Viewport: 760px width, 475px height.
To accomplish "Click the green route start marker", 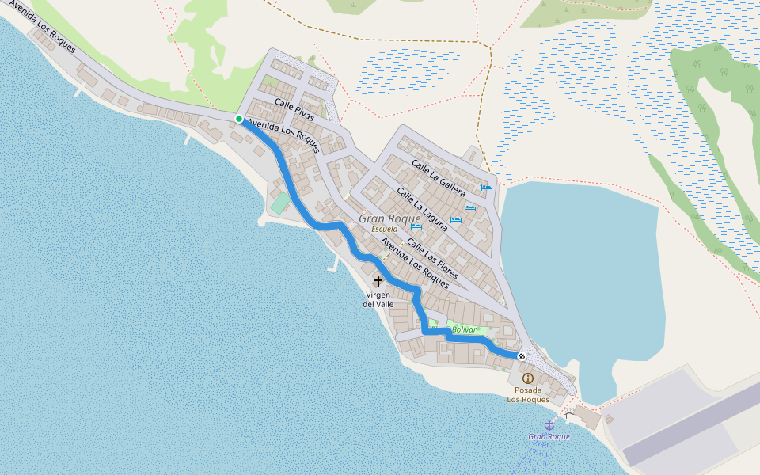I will [x=239, y=119].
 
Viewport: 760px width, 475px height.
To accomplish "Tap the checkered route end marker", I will [x=522, y=356].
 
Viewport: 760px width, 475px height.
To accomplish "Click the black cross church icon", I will [x=378, y=281].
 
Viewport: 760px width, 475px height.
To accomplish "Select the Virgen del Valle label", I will [x=378, y=298].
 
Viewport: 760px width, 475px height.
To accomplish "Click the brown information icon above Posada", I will [x=528, y=378].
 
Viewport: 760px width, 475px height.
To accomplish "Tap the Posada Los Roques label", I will [x=528, y=395].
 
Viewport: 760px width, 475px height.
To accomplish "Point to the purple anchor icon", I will [x=549, y=425].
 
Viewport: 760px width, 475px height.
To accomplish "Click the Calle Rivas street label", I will [x=294, y=110].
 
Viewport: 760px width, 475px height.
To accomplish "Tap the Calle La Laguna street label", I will [x=422, y=209].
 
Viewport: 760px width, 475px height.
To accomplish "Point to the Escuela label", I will [x=385, y=229].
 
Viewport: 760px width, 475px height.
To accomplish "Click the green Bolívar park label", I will [x=465, y=329].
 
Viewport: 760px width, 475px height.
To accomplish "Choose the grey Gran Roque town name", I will [x=389, y=218].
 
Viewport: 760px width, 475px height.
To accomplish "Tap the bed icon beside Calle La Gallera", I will [x=486, y=188].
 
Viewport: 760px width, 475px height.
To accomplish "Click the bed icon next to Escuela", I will [x=416, y=226].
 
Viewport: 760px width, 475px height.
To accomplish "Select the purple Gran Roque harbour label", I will [x=549, y=437].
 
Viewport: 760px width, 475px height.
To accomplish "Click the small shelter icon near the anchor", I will [x=569, y=414].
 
